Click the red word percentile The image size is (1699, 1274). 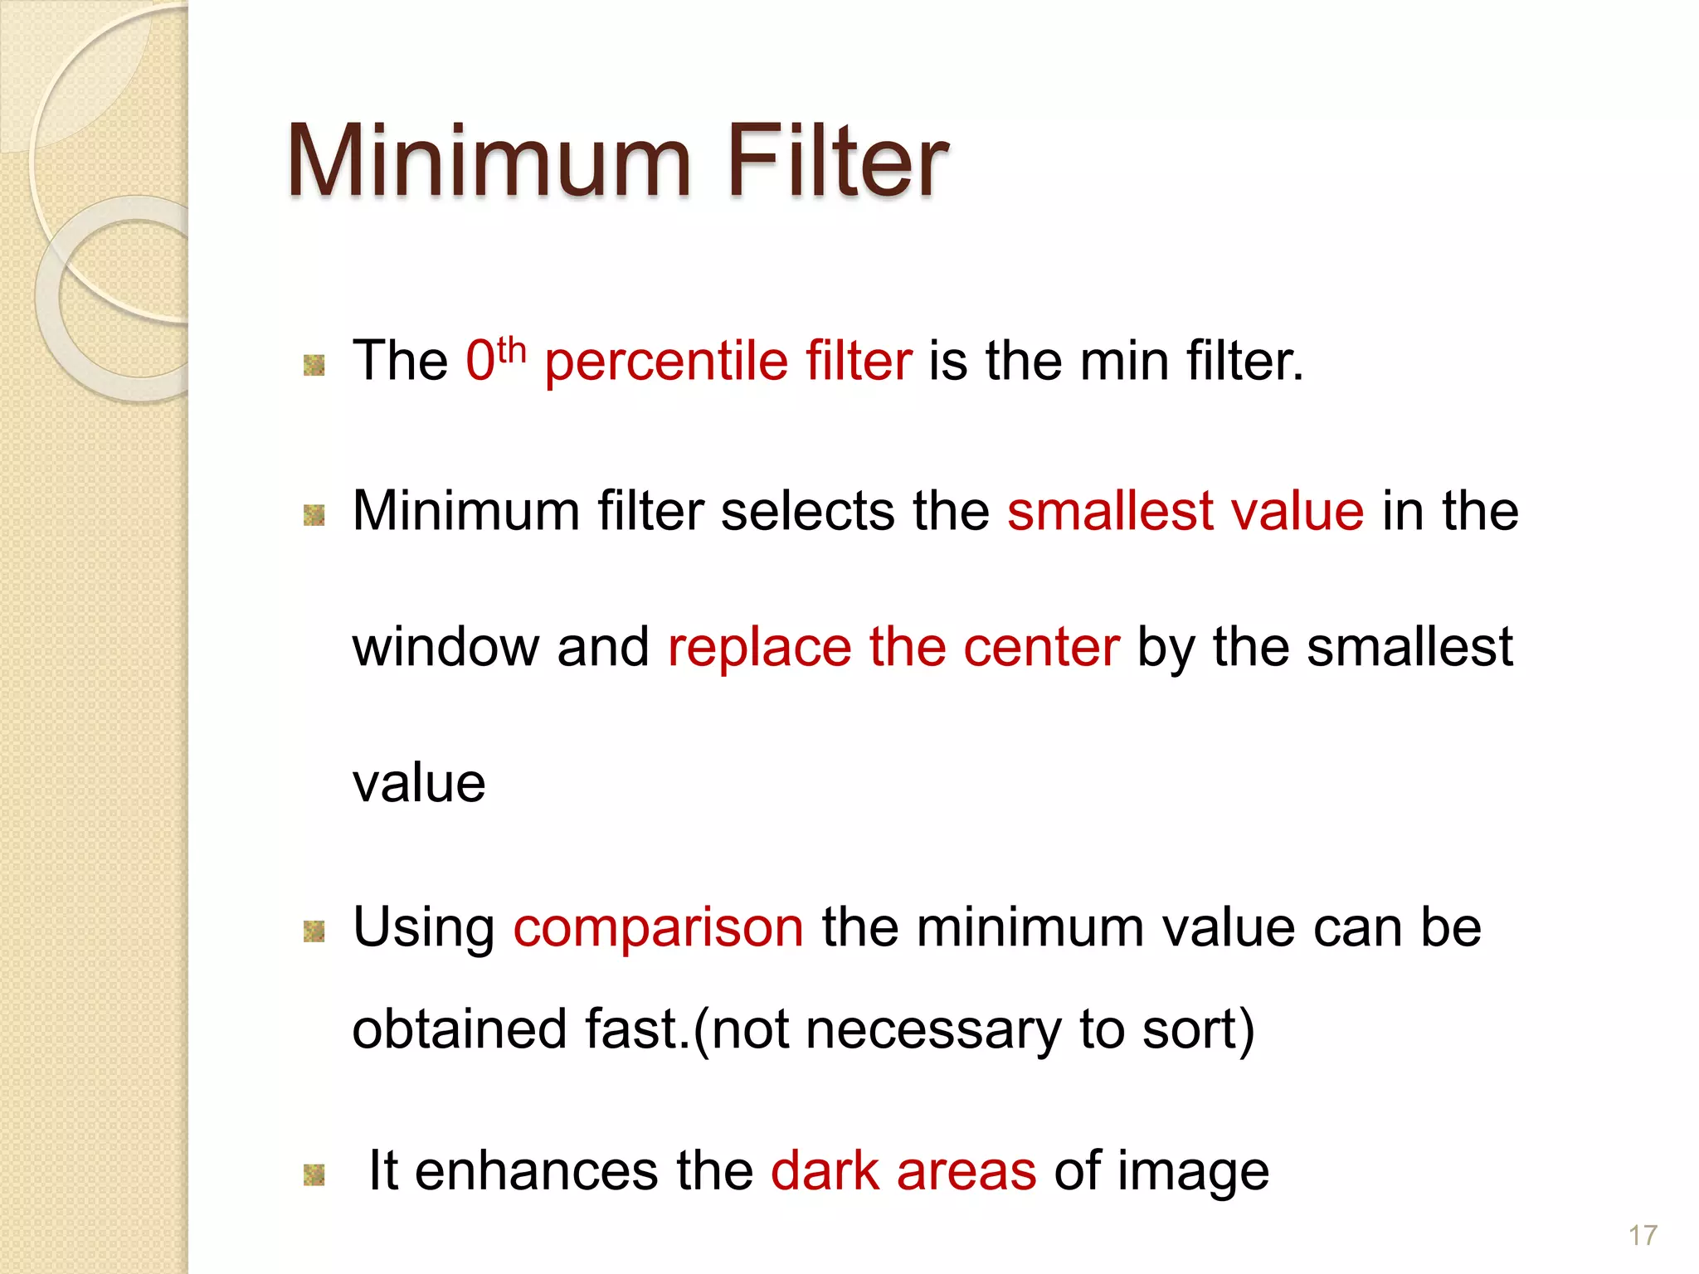click(x=666, y=362)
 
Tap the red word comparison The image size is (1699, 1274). click(x=659, y=929)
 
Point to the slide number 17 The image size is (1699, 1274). click(x=1643, y=1236)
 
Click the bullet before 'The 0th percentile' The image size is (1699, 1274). click(x=314, y=364)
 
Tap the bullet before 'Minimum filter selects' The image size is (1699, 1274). click(x=314, y=515)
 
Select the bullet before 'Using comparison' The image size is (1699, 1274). click(x=314, y=931)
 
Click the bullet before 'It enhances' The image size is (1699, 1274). click(x=314, y=1174)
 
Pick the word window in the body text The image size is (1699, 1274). click(x=445, y=647)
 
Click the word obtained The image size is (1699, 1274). click(x=460, y=1030)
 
